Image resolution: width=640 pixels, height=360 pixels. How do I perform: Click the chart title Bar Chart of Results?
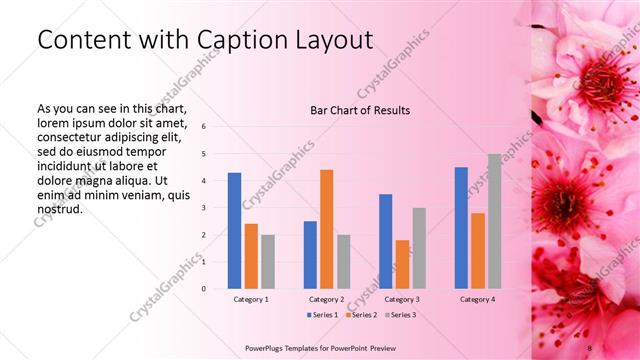360,110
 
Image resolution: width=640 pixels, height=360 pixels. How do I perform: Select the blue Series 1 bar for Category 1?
234,230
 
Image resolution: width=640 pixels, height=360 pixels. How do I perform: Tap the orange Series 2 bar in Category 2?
327,229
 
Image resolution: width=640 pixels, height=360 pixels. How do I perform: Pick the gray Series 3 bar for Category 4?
494,221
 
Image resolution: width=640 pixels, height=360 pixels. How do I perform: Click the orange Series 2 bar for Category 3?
402,264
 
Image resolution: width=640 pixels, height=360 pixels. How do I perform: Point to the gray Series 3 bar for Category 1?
268,261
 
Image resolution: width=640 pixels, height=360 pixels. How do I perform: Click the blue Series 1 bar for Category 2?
310,254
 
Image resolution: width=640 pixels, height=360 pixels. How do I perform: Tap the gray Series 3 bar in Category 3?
419,248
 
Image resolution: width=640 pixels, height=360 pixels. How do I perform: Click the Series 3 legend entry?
399,315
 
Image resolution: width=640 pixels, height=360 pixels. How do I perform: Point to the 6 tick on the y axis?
203,127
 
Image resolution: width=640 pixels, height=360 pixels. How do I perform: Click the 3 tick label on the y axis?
203,208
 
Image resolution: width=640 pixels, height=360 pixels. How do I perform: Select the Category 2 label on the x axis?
327,299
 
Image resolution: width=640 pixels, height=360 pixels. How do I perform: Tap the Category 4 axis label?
477,299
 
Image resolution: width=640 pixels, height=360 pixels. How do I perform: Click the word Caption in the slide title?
245,40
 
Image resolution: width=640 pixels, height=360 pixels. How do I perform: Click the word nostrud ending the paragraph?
59,210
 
